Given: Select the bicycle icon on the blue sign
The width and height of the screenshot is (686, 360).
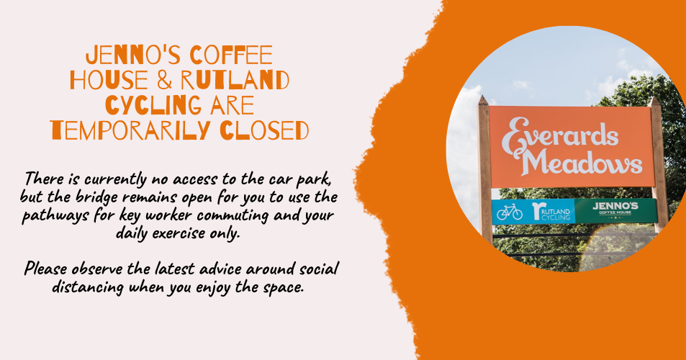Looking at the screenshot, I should (510, 211).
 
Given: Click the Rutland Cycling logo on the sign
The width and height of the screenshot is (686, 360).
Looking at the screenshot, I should (551, 211).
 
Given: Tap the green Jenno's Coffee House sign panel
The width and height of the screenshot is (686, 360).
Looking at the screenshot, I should (615, 210).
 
